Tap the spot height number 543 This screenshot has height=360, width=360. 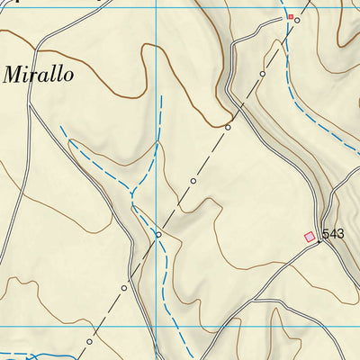tap(333, 234)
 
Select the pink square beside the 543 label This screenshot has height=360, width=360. tap(310, 237)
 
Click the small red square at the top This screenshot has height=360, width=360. tap(290, 16)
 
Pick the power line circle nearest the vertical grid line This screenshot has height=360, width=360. tap(158, 235)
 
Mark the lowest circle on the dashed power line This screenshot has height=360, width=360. tap(90, 342)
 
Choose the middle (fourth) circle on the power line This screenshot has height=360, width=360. tap(193, 181)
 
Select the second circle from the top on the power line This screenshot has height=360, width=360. tap(263, 73)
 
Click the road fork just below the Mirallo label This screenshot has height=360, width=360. tap(30, 106)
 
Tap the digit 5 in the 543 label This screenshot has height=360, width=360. tap(326, 234)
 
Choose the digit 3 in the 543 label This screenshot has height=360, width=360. tap(340, 234)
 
